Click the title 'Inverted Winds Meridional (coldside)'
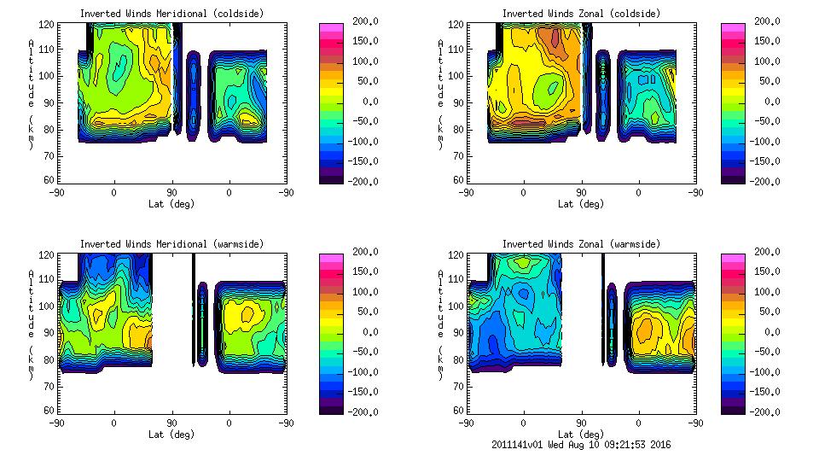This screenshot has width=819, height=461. tap(171, 14)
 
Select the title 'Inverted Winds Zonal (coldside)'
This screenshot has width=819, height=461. tap(581, 14)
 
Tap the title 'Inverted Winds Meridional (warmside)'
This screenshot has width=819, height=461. tap(171, 244)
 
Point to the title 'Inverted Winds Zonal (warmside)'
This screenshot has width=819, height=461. tap(581, 244)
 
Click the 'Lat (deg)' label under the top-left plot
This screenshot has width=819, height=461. tap(171, 204)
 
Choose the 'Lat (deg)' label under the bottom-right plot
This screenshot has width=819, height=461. tap(581, 434)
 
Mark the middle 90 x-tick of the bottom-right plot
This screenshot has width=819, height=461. tap(581, 423)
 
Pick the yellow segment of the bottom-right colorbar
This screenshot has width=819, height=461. tap(734, 312)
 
